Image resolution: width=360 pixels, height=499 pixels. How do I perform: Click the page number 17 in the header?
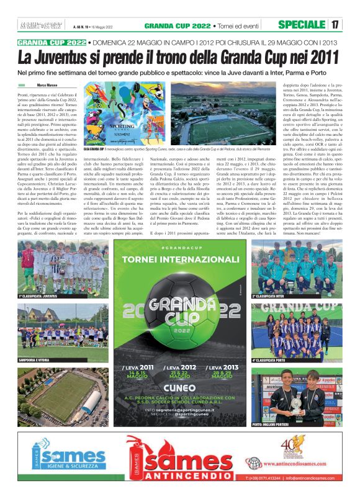335,25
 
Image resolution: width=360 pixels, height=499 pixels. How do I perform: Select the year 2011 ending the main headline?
320,58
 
